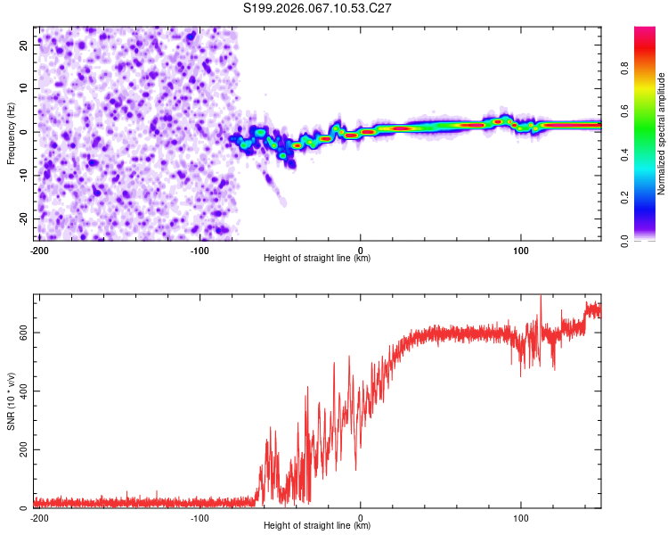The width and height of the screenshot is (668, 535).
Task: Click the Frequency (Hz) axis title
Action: pos(11,134)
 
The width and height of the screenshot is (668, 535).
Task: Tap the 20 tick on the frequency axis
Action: pos(25,45)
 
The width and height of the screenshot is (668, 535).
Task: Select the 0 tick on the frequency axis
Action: pos(29,131)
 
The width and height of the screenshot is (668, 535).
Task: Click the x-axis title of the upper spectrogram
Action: pos(317,259)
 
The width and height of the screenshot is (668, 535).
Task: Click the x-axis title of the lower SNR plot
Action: pos(317,526)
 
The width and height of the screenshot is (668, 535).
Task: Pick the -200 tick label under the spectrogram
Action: pos(39,249)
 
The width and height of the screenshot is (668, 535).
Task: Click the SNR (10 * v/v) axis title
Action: pos(11,401)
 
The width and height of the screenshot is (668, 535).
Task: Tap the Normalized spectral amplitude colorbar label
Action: pos(662,134)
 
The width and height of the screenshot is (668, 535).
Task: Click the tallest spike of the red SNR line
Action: pos(540,298)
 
